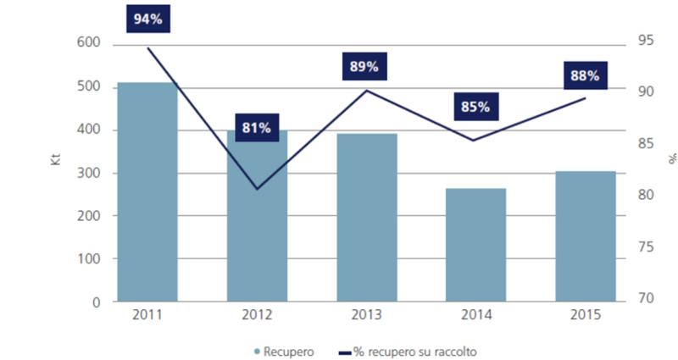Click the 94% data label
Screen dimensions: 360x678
point(147,18)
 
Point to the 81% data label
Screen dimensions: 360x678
point(256,128)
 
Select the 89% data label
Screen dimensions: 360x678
point(365,66)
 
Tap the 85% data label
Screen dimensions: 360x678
point(475,107)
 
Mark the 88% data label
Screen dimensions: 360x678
point(585,75)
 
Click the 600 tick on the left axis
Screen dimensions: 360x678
point(88,43)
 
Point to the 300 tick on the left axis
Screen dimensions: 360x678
point(88,173)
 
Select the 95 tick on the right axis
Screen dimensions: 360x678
point(646,40)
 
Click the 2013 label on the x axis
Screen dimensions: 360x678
point(366,315)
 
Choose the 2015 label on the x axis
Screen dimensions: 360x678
point(585,315)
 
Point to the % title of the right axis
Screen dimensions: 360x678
point(671,158)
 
